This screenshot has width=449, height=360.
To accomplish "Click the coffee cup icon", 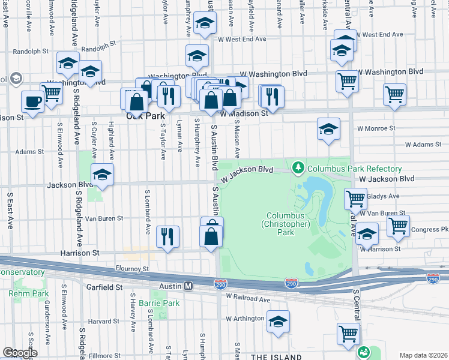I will [x=32, y=101].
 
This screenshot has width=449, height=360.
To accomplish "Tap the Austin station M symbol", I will [x=188, y=287].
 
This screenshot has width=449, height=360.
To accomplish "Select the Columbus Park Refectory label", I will [x=347, y=169].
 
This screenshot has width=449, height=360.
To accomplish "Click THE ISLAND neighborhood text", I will [x=276, y=357].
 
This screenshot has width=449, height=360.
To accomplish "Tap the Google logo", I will [x=20, y=353].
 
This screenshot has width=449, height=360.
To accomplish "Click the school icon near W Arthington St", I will [x=278, y=322].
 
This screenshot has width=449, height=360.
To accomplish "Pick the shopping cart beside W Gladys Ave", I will [x=355, y=198].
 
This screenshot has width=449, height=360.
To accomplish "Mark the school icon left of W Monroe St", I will [x=328, y=129].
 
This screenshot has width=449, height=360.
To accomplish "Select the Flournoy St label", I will [x=133, y=269].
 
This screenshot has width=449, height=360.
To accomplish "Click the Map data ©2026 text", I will [x=423, y=355].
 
